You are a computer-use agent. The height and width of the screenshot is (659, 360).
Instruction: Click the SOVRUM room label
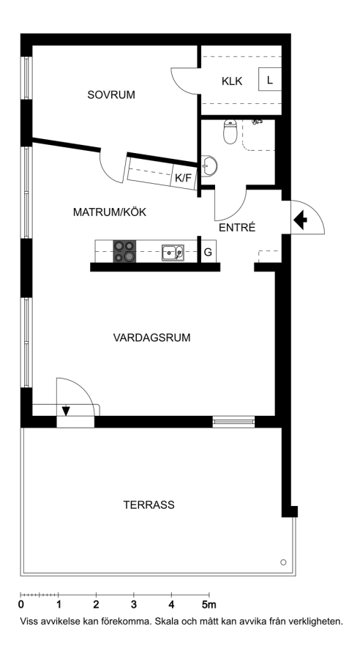point(111,95)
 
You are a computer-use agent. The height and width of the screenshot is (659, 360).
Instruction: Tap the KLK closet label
point(232,81)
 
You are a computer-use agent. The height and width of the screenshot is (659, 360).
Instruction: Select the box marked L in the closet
point(270,78)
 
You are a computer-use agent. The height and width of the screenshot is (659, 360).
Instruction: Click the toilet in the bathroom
point(230,132)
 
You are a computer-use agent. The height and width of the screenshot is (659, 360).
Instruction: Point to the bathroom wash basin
point(209,166)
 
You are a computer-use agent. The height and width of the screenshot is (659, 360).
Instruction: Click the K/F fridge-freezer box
point(183,178)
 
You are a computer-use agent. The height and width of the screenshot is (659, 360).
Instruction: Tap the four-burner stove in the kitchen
point(125,252)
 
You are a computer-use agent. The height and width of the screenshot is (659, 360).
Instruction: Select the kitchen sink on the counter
point(173,253)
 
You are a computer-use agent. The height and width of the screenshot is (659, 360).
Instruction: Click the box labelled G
point(208,252)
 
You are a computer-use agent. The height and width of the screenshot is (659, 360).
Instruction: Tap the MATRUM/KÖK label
point(110,212)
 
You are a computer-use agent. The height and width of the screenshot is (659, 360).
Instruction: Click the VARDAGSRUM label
point(151,338)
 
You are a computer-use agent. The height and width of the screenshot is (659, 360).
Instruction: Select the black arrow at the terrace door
point(66,411)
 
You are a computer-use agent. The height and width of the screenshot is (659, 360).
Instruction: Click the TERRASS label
point(149,505)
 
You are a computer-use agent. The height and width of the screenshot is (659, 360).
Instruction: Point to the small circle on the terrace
point(283,562)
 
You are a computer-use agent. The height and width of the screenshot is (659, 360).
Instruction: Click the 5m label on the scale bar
point(209,606)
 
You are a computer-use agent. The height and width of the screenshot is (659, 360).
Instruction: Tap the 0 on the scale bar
point(21,606)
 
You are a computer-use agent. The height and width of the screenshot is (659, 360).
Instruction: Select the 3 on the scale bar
point(134,606)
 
